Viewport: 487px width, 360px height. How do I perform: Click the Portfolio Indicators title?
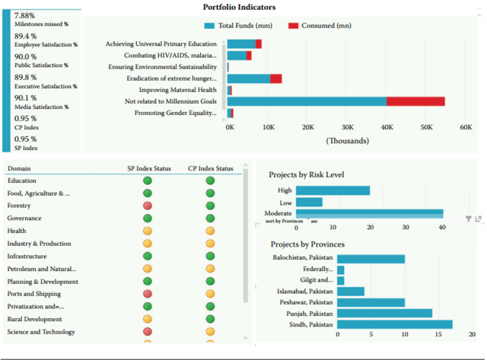[239, 7]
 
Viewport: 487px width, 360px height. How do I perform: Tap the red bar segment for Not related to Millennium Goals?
[415, 101]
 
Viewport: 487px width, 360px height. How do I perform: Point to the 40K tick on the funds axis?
[386, 128]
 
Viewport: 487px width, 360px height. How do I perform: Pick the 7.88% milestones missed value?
[25, 15]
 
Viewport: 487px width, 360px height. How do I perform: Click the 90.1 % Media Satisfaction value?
[26, 97]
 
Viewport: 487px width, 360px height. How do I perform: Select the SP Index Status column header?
[149, 168]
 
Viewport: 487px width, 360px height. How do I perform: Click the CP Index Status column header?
[210, 168]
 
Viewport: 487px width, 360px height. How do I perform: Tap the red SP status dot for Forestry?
[148, 205]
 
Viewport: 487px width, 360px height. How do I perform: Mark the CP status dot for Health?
[210, 231]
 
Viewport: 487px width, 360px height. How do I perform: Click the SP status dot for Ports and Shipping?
[148, 294]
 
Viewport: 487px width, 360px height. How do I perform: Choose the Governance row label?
[24, 218]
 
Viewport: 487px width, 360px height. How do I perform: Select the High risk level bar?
[333, 190]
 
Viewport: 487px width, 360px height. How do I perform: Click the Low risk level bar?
[309, 202]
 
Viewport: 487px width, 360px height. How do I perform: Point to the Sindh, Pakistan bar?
[394, 325]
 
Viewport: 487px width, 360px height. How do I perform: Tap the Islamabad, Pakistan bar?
[350, 291]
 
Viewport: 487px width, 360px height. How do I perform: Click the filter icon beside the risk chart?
[469, 219]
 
